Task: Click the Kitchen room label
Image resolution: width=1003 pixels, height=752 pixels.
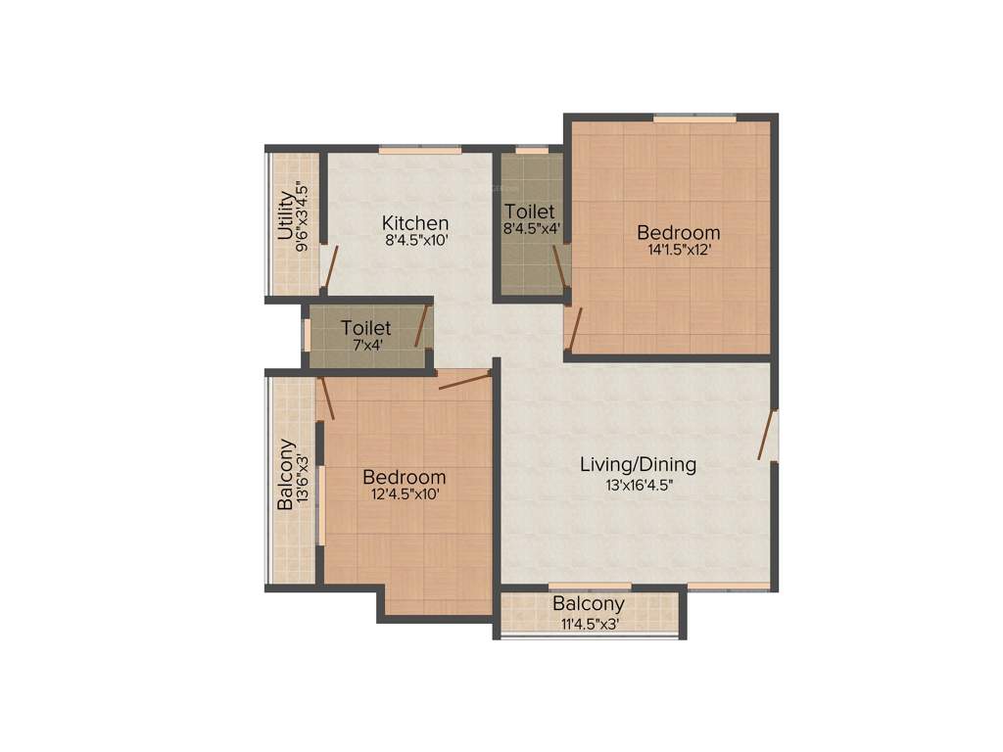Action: click(x=415, y=223)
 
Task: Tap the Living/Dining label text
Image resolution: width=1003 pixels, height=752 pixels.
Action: click(x=638, y=464)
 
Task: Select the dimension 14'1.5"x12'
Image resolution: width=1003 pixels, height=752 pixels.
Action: click(x=678, y=250)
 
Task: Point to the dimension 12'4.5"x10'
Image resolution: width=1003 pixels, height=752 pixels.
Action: click(x=404, y=494)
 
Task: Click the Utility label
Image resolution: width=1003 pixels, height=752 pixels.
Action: click(x=285, y=216)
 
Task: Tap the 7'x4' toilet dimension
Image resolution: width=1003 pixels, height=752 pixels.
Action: click(x=366, y=345)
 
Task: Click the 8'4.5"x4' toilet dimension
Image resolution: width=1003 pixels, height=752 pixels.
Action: click(x=532, y=230)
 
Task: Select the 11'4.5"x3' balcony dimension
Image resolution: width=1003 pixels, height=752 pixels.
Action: click(x=589, y=623)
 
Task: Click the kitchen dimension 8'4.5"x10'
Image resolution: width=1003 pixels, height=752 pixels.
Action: click(x=416, y=240)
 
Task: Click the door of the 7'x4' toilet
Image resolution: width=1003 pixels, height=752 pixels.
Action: click(x=422, y=326)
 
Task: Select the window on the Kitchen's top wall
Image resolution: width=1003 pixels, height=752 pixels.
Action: click(x=420, y=150)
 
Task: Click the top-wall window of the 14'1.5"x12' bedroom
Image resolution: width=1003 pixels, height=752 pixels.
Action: click(x=695, y=118)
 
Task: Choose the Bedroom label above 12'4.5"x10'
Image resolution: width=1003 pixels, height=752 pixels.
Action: click(x=404, y=477)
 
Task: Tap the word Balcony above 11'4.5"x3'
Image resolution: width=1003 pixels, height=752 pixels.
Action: click(x=588, y=604)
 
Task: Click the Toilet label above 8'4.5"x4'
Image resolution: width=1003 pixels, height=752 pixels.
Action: click(x=530, y=211)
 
